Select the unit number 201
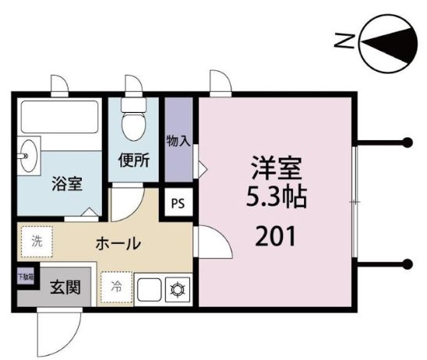(275, 235)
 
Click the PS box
(178, 204)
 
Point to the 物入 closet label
(178, 141)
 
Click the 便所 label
(134, 161)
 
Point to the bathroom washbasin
(30, 156)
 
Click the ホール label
(118, 243)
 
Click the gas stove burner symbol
(176, 289)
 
